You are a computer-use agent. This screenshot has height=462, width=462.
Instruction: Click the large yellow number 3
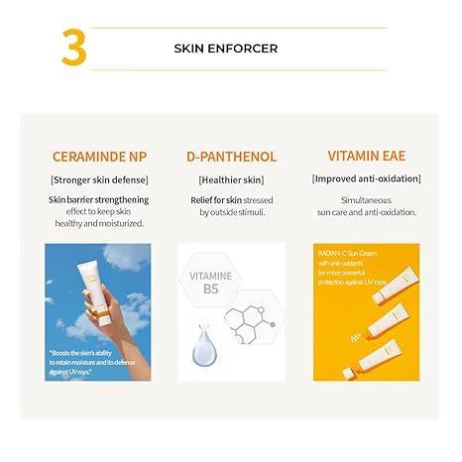[73, 48]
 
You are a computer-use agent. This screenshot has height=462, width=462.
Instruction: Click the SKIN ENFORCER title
[226, 48]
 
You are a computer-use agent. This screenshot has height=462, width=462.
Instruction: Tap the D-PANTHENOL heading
[231, 156]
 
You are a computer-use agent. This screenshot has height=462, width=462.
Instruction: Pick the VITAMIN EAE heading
[366, 156]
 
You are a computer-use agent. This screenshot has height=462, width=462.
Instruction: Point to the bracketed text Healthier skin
[231, 179]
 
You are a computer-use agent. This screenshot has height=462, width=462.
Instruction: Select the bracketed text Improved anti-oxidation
[366, 179]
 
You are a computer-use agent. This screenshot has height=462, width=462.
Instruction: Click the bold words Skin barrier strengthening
[98, 199]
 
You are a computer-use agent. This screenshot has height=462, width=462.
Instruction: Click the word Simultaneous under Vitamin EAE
[366, 199]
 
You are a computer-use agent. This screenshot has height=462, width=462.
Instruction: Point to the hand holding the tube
[120, 322]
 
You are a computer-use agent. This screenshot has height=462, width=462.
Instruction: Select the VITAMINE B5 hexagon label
[210, 282]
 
